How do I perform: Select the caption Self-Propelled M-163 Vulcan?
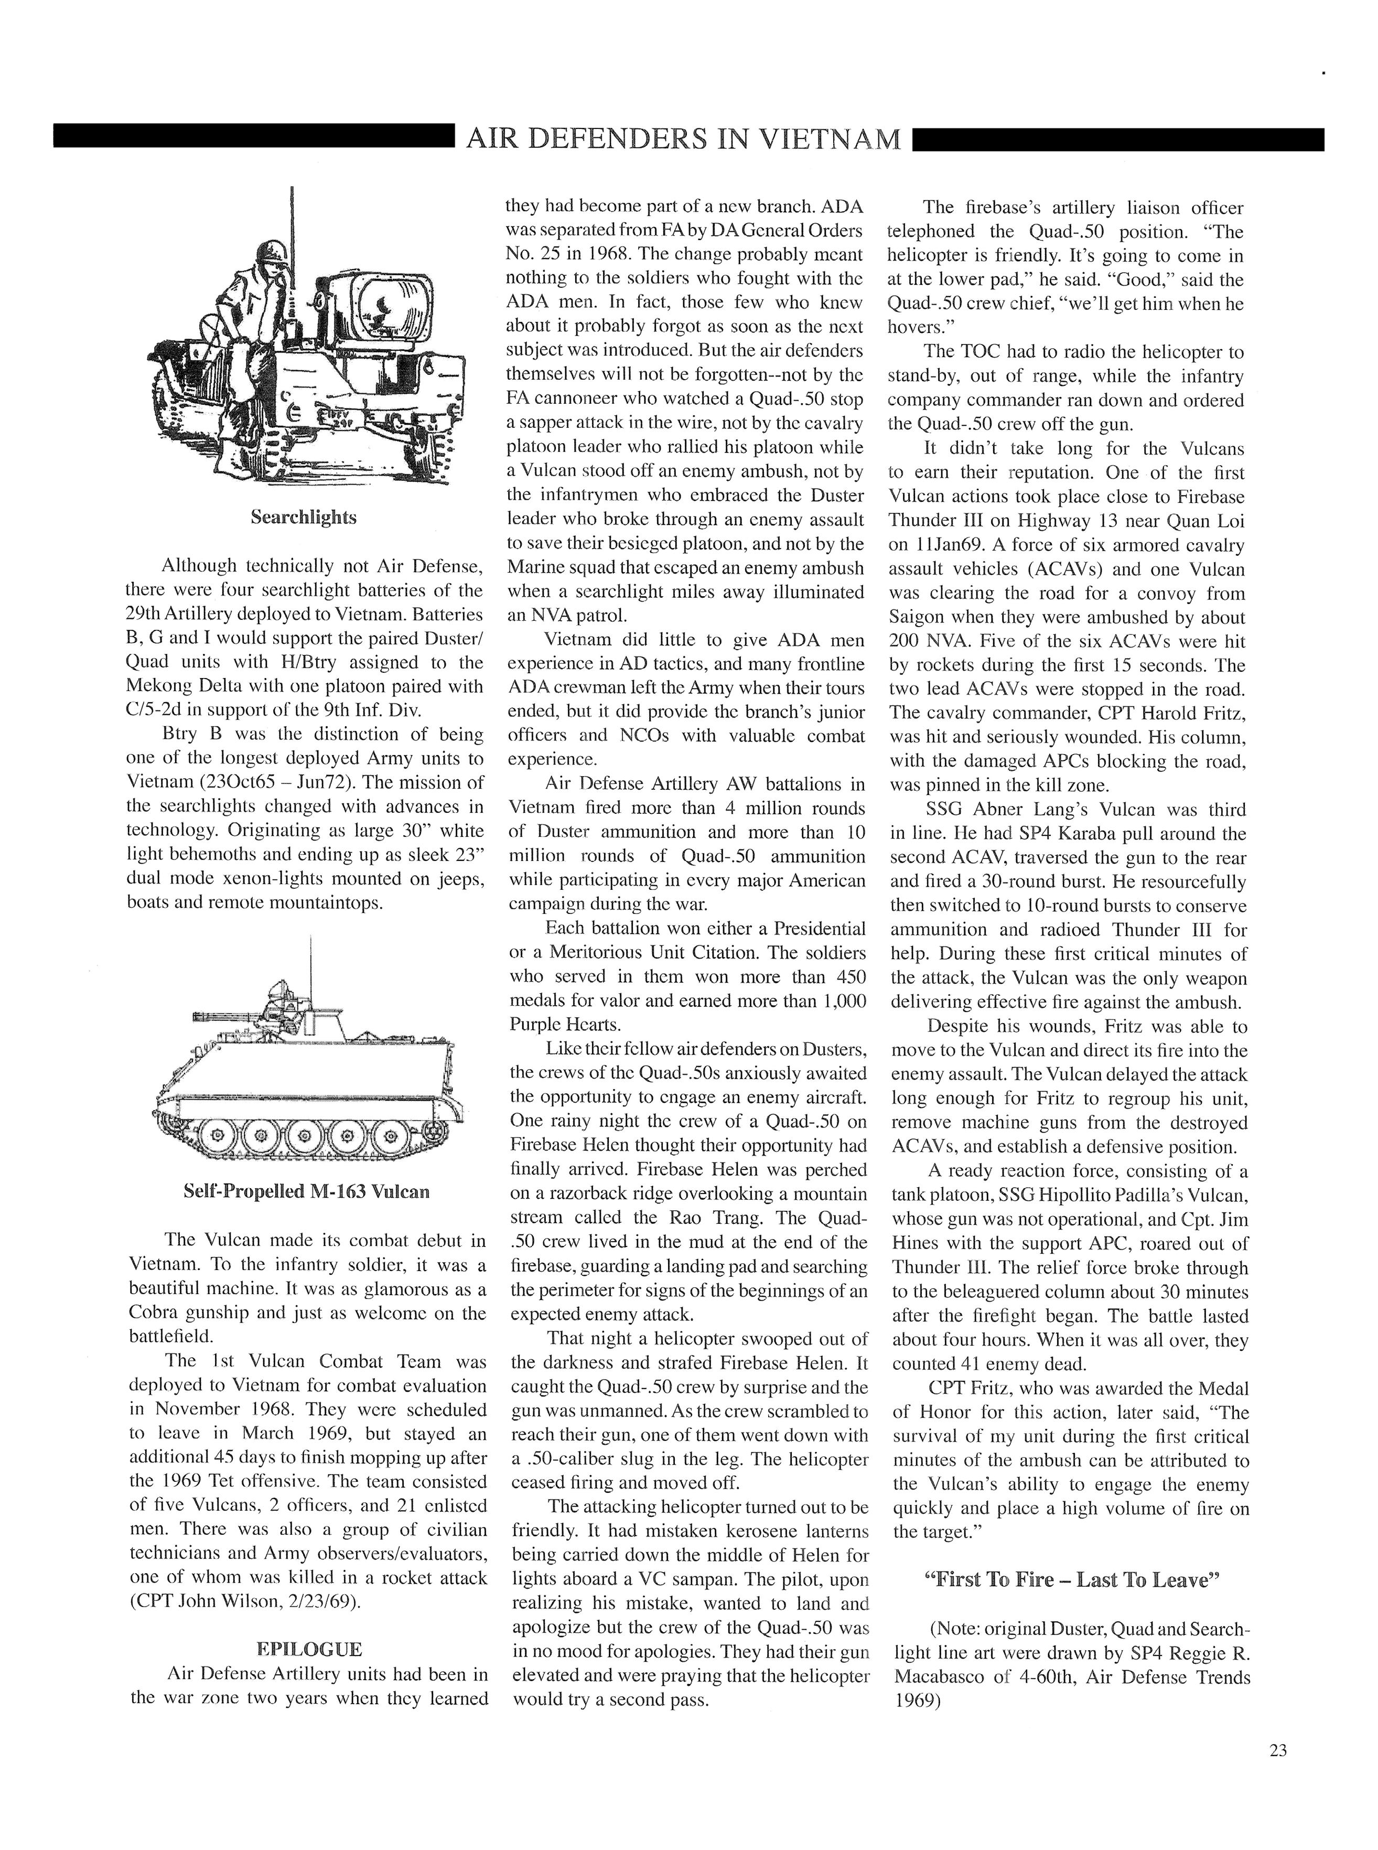pos(306,1191)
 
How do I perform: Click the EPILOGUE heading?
pos(309,1649)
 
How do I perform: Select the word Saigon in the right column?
pos(921,618)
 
